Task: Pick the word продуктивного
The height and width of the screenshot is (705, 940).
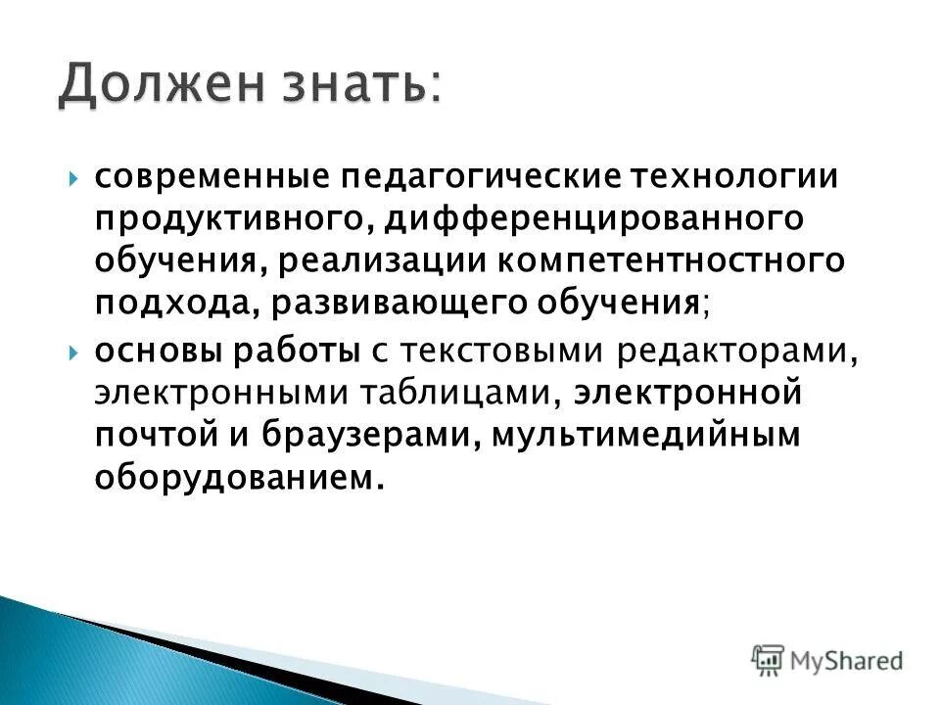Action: coord(231,220)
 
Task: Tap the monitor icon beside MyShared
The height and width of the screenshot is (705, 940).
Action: coord(769,659)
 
